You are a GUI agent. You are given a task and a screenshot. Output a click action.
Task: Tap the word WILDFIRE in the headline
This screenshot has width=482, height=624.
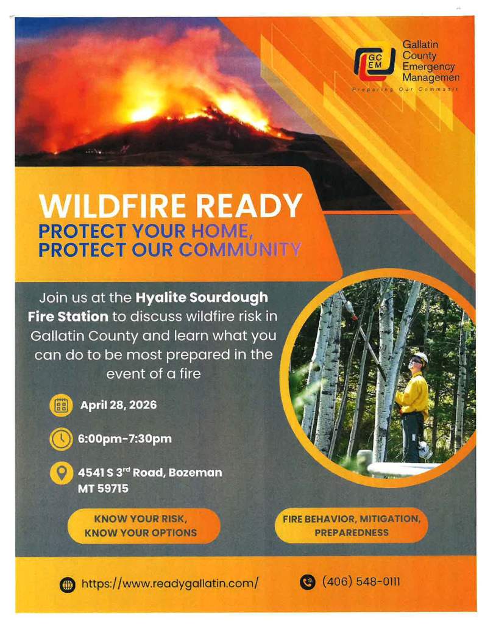point(112,206)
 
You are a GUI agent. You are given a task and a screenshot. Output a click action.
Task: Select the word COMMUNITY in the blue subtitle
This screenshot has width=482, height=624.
point(240,249)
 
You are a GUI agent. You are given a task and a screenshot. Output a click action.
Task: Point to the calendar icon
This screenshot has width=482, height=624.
point(61,406)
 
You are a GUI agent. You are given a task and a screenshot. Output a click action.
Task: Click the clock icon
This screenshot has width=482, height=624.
point(61,439)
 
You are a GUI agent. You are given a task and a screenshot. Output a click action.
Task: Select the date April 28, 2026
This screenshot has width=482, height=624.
point(118,405)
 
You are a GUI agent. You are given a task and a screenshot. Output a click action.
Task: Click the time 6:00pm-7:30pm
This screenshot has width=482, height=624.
point(125,439)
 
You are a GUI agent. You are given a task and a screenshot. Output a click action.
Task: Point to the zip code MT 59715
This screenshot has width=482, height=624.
point(103,489)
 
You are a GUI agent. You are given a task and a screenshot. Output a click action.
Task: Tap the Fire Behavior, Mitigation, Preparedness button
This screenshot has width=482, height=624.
point(351,526)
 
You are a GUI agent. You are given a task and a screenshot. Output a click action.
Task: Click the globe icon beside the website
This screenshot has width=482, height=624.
point(67,584)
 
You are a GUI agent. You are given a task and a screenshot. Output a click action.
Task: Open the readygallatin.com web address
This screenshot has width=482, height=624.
point(170,583)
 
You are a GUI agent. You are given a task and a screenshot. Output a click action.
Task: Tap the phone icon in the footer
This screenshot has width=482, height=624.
point(307,582)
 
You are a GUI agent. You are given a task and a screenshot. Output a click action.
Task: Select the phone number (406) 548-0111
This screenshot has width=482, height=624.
point(361,581)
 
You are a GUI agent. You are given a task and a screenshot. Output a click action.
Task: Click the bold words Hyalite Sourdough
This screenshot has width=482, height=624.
point(202,297)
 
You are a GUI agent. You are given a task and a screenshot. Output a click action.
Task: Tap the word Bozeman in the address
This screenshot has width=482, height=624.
point(195,472)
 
